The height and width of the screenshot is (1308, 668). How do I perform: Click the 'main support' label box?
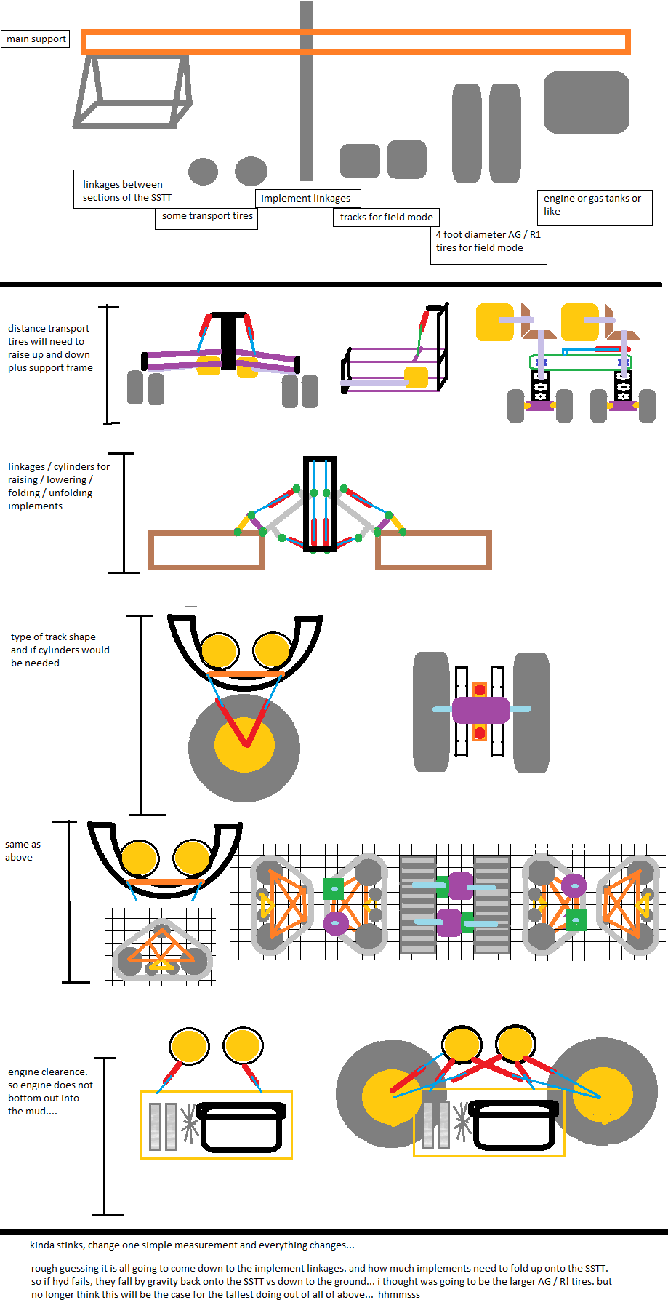coord(36,39)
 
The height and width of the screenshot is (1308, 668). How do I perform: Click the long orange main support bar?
coord(355,33)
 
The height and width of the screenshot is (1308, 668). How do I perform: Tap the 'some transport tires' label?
coord(207,216)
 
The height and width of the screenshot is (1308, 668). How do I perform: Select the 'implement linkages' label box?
coord(306,199)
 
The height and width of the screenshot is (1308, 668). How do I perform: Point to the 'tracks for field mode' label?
coord(386,217)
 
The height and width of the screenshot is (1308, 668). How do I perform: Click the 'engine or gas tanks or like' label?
coord(592,205)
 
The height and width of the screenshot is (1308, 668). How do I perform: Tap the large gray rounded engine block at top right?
coord(586,103)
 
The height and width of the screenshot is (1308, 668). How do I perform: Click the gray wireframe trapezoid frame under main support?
coord(132,92)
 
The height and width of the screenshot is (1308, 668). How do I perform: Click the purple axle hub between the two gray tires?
coord(480,710)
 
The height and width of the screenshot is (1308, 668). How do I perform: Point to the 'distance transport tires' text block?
coord(50,348)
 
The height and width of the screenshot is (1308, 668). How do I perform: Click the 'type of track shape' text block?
coord(60,650)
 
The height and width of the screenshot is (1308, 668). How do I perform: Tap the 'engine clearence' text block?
coord(50,1091)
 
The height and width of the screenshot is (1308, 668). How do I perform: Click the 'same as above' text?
coord(23,851)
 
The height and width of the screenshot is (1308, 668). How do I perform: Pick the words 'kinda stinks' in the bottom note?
coord(57,1245)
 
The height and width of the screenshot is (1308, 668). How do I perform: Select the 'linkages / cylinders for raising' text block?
coord(59,486)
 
